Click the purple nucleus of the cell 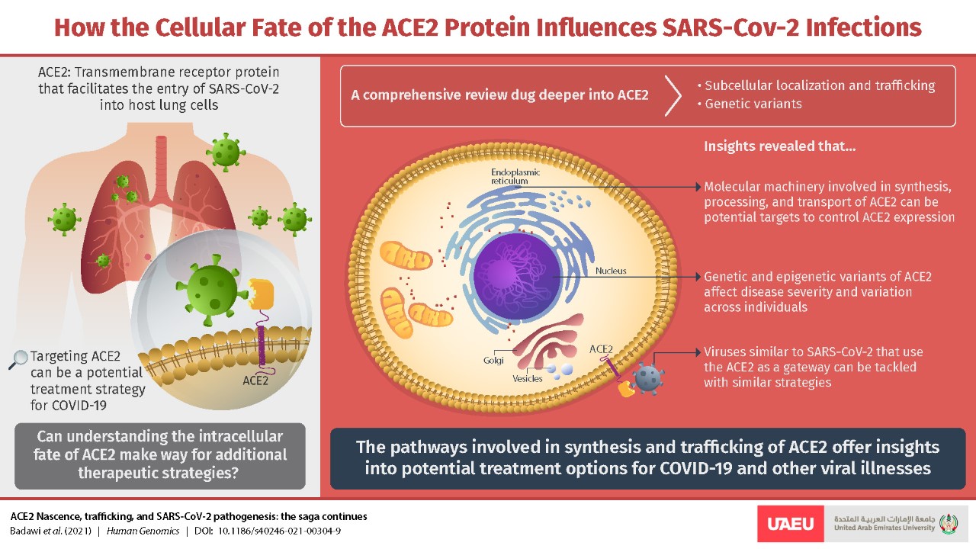(x=517, y=276)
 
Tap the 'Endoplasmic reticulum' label (x=515, y=176)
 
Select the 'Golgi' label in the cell (x=493, y=361)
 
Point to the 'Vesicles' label (x=527, y=379)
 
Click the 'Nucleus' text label (x=611, y=271)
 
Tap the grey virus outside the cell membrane (x=648, y=379)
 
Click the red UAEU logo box (x=791, y=523)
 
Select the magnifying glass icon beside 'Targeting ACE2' (x=18, y=360)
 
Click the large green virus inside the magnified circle (x=211, y=291)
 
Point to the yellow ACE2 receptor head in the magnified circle (x=261, y=294)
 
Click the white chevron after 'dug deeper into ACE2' (x=673, y=95)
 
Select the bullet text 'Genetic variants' (x=753, y=104)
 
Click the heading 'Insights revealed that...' (x=779, y=146)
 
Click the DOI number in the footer (x=279, y=531)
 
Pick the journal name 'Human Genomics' (x=143, y=531)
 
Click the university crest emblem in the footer (x=949, y=523)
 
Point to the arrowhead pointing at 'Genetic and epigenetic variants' (x=698, y=277)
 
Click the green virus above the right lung (x=225, y=152)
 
